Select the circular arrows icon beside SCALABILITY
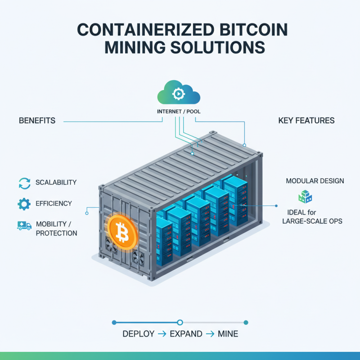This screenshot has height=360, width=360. [x=24, y=183]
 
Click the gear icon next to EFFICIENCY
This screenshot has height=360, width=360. [x=24, y=204]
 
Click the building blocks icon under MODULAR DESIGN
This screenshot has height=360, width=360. [x=305, y=197]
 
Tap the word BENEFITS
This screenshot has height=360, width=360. [x=37, y=121]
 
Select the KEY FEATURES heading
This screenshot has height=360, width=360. [x=306, y=121]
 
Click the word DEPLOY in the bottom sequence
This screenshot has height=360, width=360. [x=137, y=334]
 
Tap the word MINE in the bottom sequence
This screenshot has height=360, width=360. [x=228, y=334]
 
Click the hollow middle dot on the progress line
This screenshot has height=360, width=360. [x=180, y=322]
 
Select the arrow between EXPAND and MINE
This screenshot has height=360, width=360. [x=209, y=334]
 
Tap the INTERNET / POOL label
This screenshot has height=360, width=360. [x=180, y=110]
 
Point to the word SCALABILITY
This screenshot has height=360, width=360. [x=56, y=183]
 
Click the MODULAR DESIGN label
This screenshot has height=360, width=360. [x=315, y=181]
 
